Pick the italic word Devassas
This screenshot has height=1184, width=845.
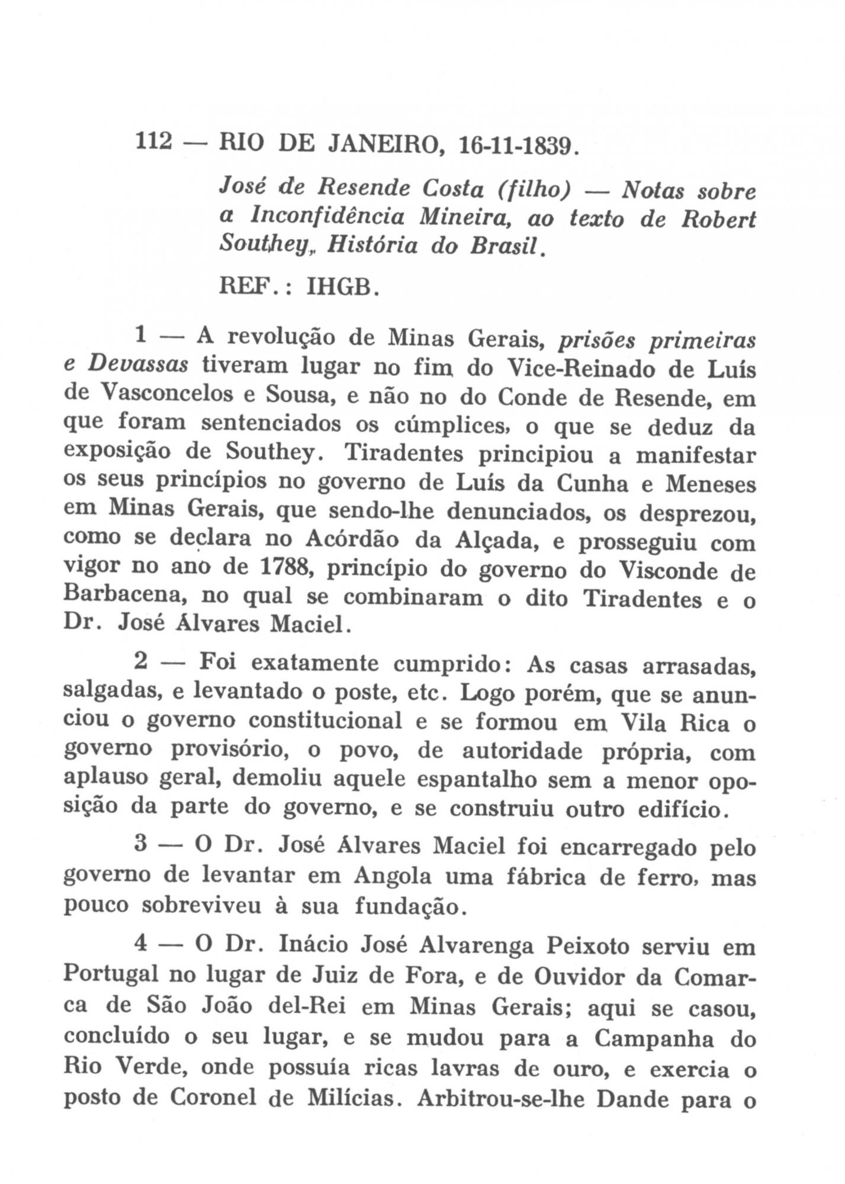pos(138,365)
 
